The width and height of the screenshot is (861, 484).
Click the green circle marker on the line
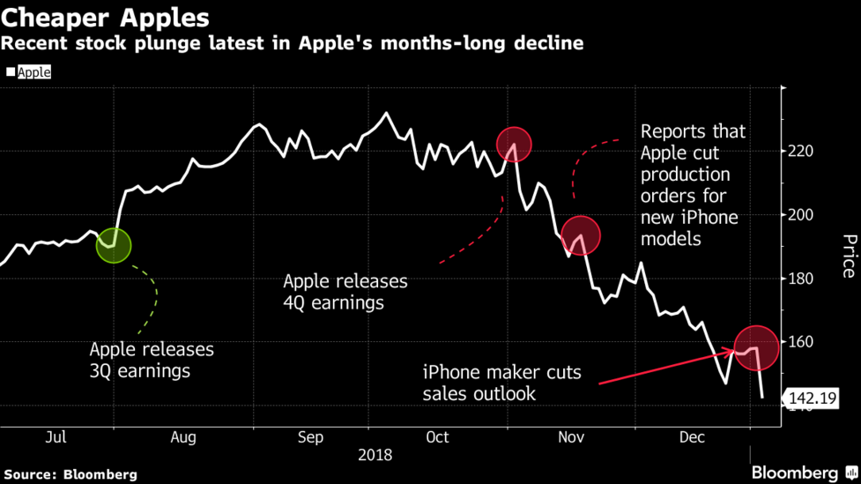click(x=114, y=246)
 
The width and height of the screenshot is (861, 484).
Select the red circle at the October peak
click(x=514, y=144)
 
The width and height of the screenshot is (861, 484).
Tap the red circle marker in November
click(x=580, y=235)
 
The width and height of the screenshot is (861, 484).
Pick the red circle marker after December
click(x=756, y=346)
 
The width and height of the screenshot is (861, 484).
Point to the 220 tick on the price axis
click(x=800, y=152)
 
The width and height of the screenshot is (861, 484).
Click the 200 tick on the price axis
click(x=800, y=215)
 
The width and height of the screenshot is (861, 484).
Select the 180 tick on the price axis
click(x=800, y=279)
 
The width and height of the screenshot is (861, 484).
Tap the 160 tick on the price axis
click(x=800, y=342)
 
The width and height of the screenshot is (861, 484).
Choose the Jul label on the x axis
click(x=56, y=437)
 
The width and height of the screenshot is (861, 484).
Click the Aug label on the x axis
click(x=183, y=437)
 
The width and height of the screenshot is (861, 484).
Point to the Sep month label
click(x=310, y=437)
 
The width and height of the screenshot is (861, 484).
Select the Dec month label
click(x=692, y=437)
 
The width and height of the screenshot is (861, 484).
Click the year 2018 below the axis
click(x=375, y=456)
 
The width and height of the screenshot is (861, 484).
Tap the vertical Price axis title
click(x=849, y=256)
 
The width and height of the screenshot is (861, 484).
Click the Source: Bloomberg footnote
click(x=69, y=474)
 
